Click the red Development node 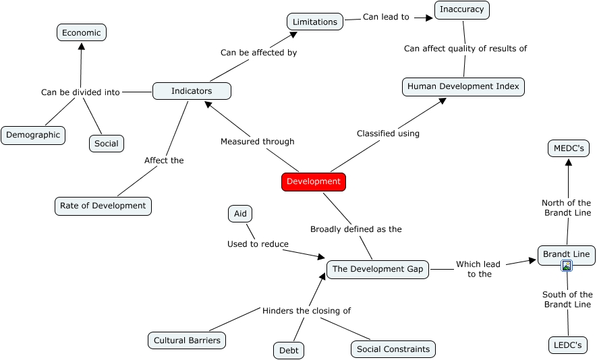point(314,182)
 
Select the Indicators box point(192,91)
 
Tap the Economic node point(82,33)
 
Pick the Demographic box point(33,136)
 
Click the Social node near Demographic point(107,144)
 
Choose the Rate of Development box point(103,206)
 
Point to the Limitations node point(315,22)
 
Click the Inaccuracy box point(462,10)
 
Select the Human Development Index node point(463,87)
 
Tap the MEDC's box point(569,148)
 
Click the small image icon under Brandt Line point(567,266)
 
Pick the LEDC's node point(568,345)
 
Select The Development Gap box point(378,270)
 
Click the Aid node point(240,214)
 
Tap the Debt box point(289,351)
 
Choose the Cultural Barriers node point(187,340)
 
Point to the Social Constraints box point(393,349)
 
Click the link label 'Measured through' point(258,142)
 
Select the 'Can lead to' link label point(386,17)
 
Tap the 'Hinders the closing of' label point(306,311)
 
